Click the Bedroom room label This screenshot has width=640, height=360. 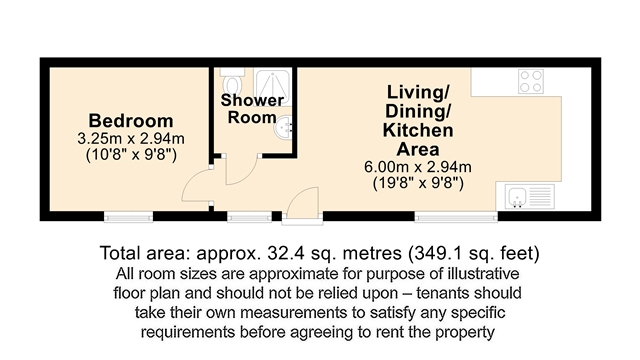pyautogui.click(x=131, y=121)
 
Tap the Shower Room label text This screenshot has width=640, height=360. pyautogui.click(x=252, y=109)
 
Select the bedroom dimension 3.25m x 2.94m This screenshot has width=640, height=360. pyautogui.click(x=131, y=139)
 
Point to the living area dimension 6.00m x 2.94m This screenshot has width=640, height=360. pyautogui.click(x=418, y=167)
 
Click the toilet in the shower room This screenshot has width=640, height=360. pyautogui.click(x=233, y=81)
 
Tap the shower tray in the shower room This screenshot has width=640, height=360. pyautogui.click(x=273, y=87)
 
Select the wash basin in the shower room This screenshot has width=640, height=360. pyautogui.click(x=284, y=127)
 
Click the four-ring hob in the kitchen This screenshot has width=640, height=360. pyautogui.click(x=531, y=81)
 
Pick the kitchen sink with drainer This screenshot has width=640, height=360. pyautogui.click(x=530, y=196)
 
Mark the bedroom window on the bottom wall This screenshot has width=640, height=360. pyautogui.click(x=129, y=217)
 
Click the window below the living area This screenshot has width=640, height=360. pyautogui.click(x=456, y=217)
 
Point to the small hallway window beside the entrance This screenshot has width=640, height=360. pyautogui.click(x=249, y=217)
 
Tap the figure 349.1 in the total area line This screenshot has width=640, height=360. pyautogui.click(x=441, y=253)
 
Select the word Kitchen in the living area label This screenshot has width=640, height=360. pyautogui.click(x=418, y=130)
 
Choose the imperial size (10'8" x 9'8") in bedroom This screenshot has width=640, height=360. pyautogui.click(x=131, y=155)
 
